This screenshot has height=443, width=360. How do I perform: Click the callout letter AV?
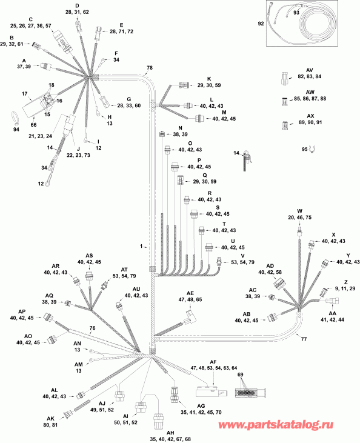(310, 70)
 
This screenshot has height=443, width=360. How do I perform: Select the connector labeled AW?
(285, 102)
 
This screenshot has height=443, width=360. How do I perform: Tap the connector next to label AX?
(285, 125)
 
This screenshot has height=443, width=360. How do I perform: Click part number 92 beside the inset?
(261, 24)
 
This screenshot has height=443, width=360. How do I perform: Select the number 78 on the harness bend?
(150, 68)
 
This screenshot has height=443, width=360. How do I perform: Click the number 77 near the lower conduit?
(304, 339)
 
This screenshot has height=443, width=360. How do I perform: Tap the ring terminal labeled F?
(104, 60)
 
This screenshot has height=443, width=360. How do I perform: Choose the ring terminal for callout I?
(86, 139)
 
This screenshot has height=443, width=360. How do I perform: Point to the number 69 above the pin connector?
(240, 375)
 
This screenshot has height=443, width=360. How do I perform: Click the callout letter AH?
(170, 433)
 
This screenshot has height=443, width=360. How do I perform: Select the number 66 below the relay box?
(33, 125)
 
